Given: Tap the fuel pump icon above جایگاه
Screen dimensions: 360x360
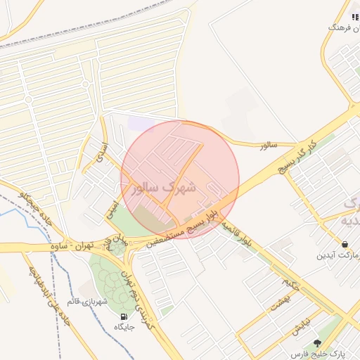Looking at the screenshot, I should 124,316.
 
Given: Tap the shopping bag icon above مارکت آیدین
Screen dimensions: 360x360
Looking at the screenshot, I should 345,244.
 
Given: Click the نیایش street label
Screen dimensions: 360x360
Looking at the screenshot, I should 299,328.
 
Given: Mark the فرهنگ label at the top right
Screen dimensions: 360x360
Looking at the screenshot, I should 337,27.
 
